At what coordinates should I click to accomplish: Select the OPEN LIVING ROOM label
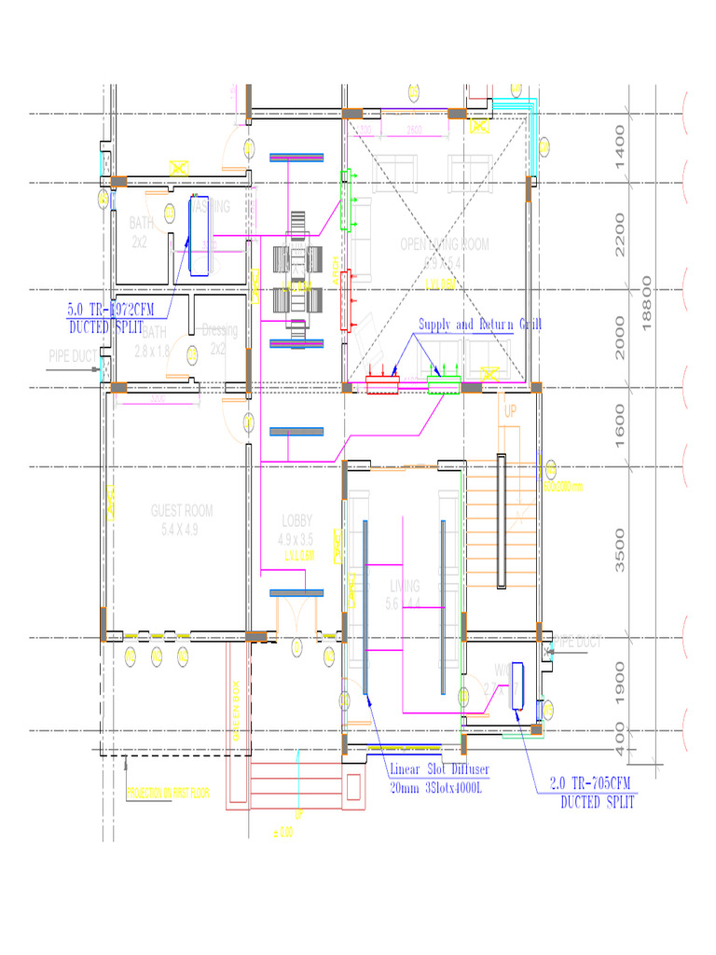444,244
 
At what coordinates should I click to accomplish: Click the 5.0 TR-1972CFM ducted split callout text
110,318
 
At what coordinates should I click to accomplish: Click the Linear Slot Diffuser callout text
438,778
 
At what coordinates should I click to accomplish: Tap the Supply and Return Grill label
479,325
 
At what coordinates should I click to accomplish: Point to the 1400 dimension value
622,146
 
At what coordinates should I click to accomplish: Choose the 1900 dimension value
622,684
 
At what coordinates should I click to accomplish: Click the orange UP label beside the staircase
510,410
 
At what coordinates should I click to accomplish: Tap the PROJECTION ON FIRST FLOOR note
168,794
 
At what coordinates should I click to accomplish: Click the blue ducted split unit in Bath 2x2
199,235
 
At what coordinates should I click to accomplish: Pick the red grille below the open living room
381,383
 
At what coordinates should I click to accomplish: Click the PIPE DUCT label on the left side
72,355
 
